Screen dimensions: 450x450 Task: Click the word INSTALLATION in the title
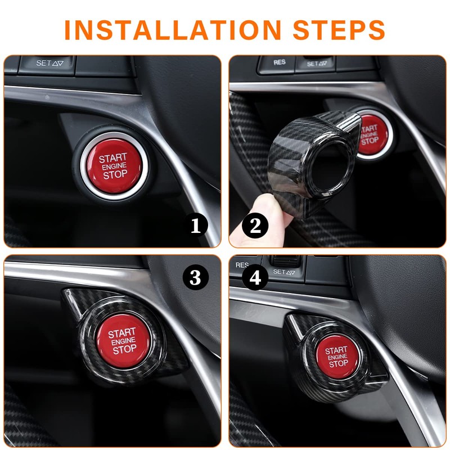(x=173, y=30)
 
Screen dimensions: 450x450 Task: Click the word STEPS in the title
(x=339, y=30)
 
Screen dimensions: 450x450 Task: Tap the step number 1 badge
(x=195, y=226)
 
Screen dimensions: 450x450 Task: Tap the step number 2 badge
(x=255, y=226)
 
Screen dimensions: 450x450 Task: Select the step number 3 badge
(x=195, y=277)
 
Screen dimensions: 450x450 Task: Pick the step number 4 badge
(x=255, y=277)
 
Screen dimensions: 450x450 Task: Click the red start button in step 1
(x=114, y=166)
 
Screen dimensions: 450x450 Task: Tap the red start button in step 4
(x=337, y=357)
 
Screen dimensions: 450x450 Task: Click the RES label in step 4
(x=242, y=265)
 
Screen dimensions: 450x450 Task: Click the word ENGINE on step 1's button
(x=114, y=166)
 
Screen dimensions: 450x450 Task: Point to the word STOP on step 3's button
(x=124, y=349)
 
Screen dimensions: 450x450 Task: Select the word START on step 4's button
(x=336, y=350)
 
